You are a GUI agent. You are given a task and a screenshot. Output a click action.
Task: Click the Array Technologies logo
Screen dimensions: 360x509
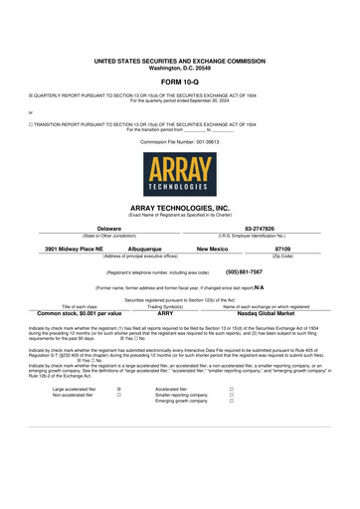179,174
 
